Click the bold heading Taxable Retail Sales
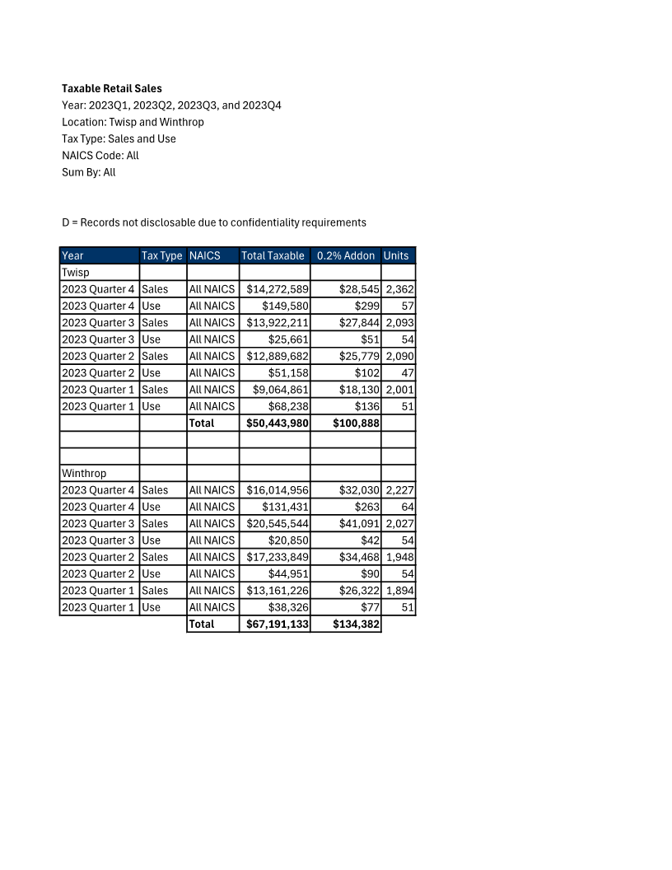[112, 88]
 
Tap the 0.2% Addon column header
[346, 255]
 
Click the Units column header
[396, 255]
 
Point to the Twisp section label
[76, 272]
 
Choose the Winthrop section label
[84, 473]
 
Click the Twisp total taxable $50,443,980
[278, 423]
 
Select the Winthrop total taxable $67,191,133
[278, 624]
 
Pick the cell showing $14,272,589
[278, 289]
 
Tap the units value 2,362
[400, 289]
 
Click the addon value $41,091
[359, 523]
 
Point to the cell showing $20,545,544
[278, 523]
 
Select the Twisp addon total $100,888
[356, 423]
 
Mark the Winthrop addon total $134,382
[356, 624]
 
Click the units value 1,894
[400, 590]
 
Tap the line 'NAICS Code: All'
[100, 155]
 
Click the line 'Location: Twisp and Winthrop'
[133, 122]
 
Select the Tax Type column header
[162, 255]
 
